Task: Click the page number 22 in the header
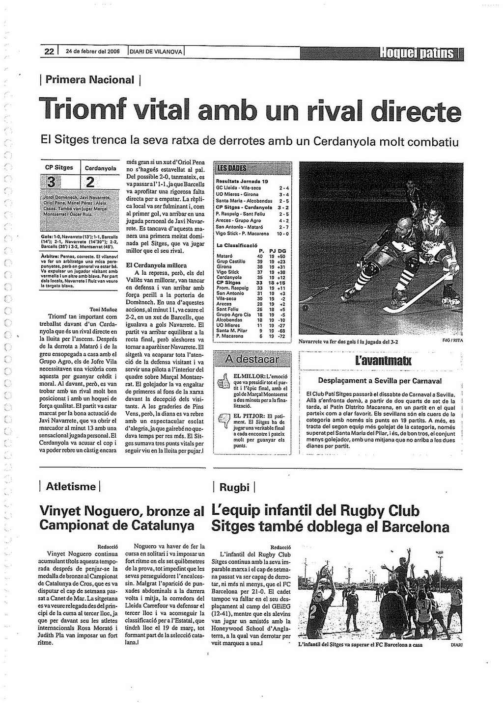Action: click(49, 51)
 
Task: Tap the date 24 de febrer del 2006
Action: click(93, 52)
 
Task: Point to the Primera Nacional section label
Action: click(90, 79)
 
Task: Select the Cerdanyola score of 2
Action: click(90, 183)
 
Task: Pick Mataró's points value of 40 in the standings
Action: click(260, 256)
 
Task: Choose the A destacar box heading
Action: click(251, 359)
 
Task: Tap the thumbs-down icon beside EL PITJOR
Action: click(223, 421)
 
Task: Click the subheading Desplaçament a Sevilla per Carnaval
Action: click(380, 381)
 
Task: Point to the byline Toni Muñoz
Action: click(103, 310)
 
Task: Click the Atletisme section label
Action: click(71, 487)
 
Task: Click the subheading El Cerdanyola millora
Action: click(156, 265)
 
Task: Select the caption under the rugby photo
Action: click(360, 645)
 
